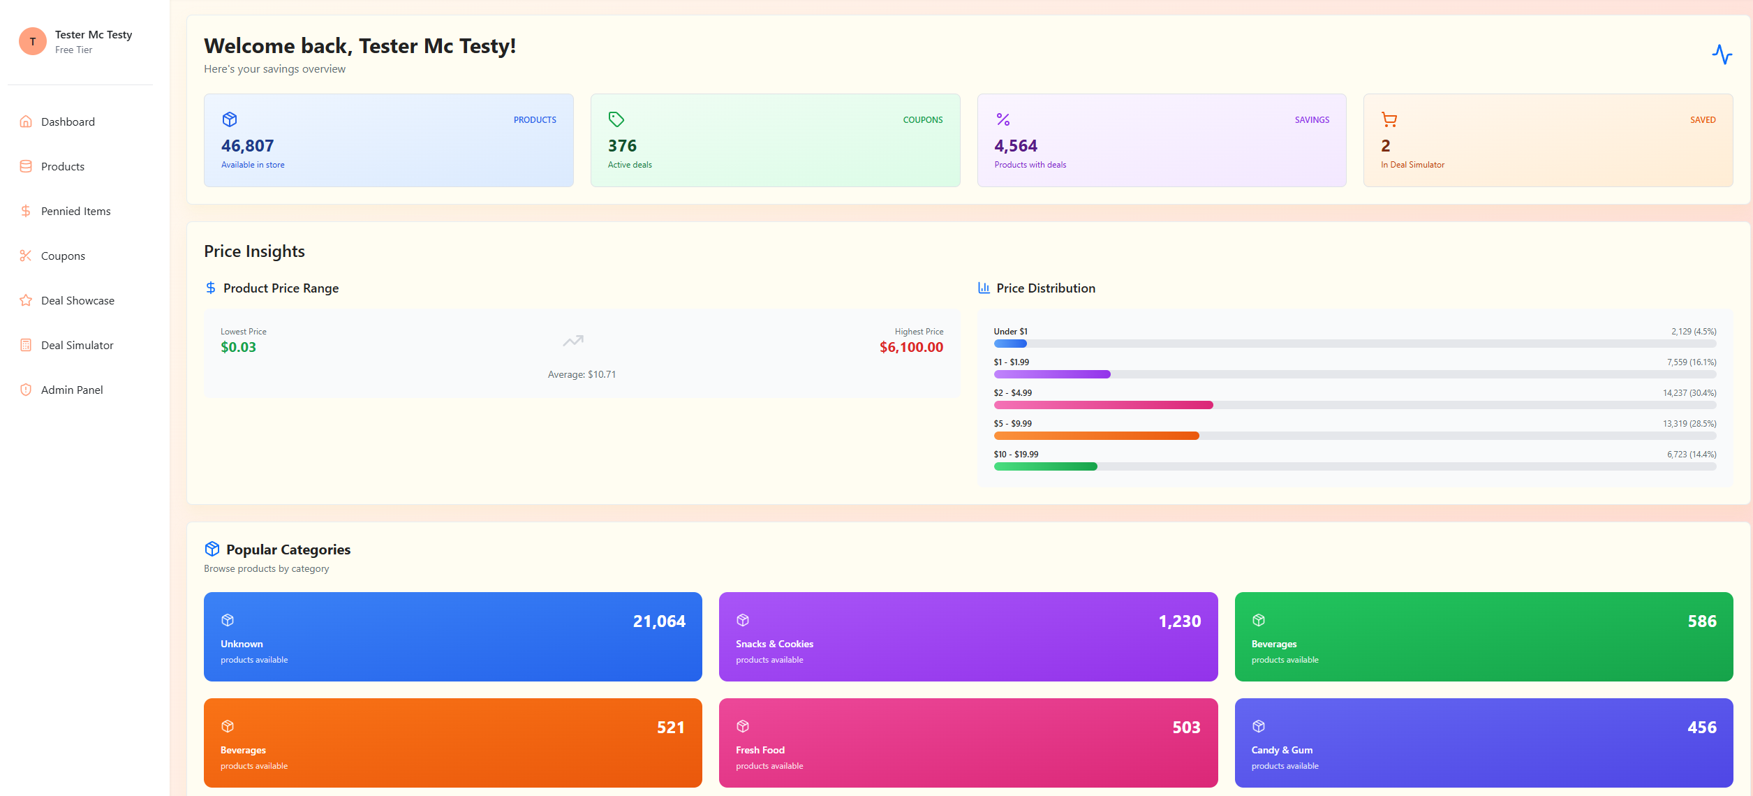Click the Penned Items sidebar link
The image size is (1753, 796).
pyautogui.click(x=75, y=211)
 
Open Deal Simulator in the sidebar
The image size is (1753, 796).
pyautogui.click(x=77, y=345)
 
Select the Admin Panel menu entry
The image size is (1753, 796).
pyautogui.click(x=71, y=390)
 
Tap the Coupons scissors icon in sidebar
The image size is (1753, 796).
pyautogui.click(x=26, y=256)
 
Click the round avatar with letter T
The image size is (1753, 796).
pyautogui.click(x=33, y=41)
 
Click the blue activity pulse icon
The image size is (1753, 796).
pyautogui.click(x=1722, y=54)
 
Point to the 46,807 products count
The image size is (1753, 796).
pyautogui.click(x=247, y=146)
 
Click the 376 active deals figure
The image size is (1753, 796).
pyautogui.click(x=622, y=146)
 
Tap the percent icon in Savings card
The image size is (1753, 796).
pyautogui.click(x=1003, y=119)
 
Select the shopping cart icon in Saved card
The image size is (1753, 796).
pyautogui.click(x=1389, y=119)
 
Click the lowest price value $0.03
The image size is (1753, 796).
pyautogui.click(x=238, y=347)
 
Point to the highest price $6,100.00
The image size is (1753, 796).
pyautogui.click(x=911, y=347)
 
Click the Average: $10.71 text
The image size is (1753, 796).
pyautogui.click(x=582, y=374)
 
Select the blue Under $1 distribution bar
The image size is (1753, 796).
pyautogui.click(x=1010, y=344)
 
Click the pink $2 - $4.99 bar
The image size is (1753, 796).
pyautogui.click(x=1103, y=405)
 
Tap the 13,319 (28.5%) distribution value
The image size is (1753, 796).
pyautogui.click(x=1689, y=424)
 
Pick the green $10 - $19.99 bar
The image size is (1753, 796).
pyautogui.click(x=1045, y=466)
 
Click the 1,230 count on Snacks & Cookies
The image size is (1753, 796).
pyautogui.click(x=1180, y=621)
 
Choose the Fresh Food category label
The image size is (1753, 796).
pyautogui.click(x=760, y=750)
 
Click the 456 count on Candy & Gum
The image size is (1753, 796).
pyautogui.click(x=1701, y=728)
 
